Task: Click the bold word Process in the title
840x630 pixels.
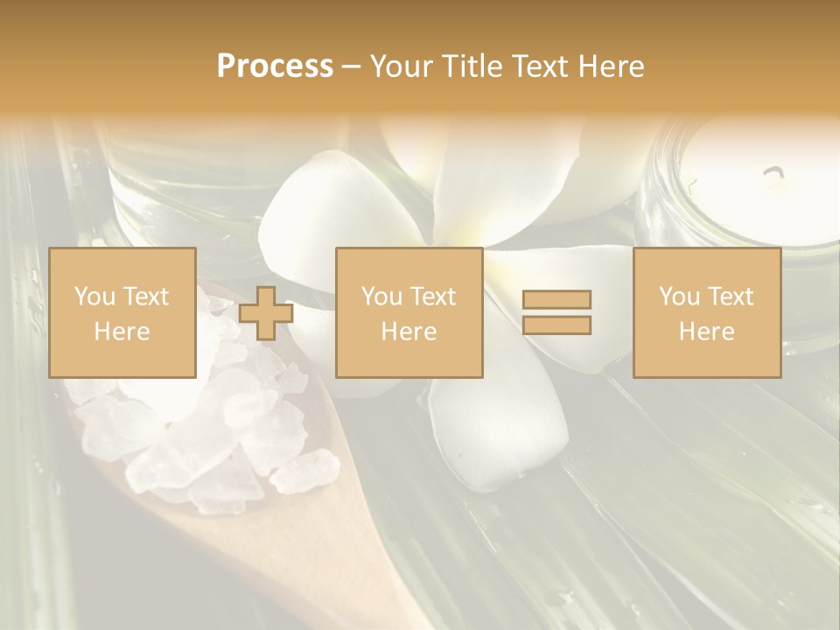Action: tap(275, 66)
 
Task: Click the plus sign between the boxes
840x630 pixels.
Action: tap(266, 312)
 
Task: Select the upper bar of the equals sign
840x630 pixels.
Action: tap(556, 299)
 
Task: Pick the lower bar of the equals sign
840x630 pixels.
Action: tap(556, 325)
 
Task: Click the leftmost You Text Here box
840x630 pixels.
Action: tap(122, 312)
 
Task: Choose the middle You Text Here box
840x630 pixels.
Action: tap(409, 312)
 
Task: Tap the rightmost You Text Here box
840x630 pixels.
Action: tap(707, 312)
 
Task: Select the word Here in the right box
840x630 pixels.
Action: tap(707, 331)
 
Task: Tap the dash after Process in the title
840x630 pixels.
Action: tap(352, 66)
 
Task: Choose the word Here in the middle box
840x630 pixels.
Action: tap(409, 331)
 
